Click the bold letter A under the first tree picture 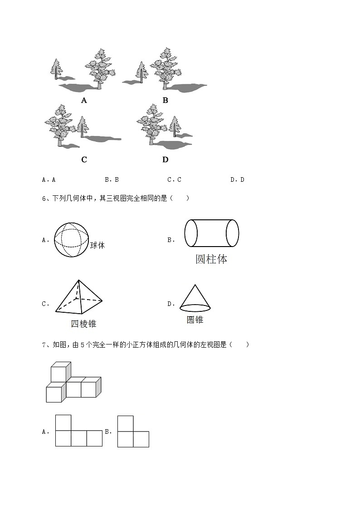pos(84,101)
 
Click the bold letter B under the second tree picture pos(165,101)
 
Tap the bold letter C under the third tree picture pos(84,160)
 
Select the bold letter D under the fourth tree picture pos(165,160)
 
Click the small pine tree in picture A pos(56,69)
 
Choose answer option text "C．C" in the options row pos(174,179)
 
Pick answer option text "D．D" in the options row pos(237,179)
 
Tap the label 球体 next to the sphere pos(97,245)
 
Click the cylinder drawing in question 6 pos(211,233)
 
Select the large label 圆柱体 pos(211,259)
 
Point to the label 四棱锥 pos(84,324)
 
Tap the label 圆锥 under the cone pos(195,320)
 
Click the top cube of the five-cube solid pos(59,373)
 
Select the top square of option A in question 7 pos(63,422)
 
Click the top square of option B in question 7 pos(126,423)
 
